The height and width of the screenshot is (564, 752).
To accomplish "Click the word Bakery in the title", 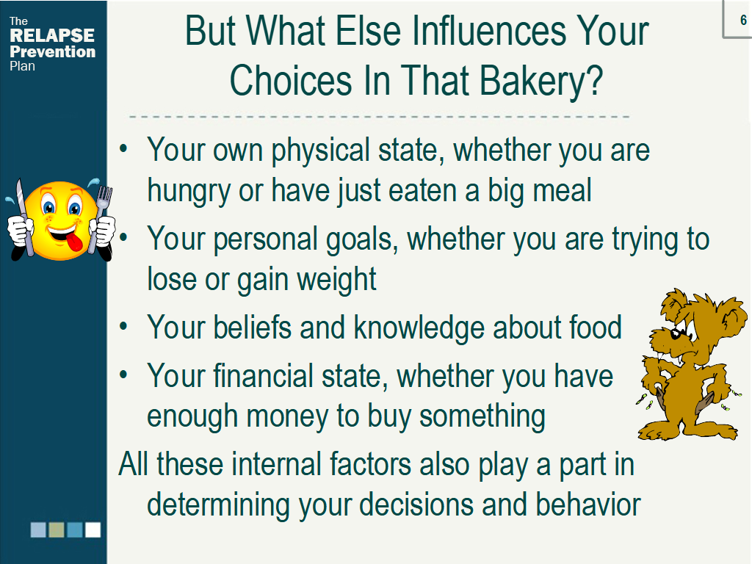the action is [x=540, y=81].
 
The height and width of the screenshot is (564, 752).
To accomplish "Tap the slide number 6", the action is [x=743, y=20].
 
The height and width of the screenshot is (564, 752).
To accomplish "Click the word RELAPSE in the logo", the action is [x=52, y=35].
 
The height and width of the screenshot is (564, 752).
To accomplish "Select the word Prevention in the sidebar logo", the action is [x=53, y=51].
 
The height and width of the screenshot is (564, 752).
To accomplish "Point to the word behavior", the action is [x=588, y=505].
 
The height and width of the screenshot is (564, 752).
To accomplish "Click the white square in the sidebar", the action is [x=93, y=530].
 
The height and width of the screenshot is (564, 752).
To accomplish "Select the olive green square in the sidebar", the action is [x=57, y=530].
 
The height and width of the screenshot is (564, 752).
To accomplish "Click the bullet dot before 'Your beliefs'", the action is [x=123, y=327].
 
